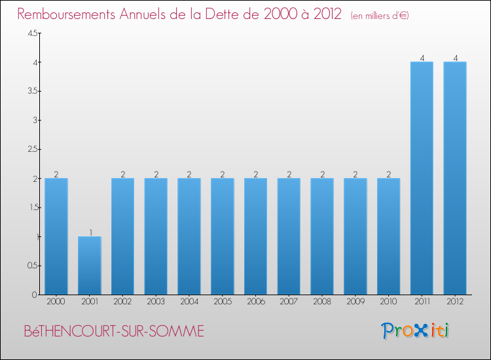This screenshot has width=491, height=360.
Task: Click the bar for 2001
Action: coord(89,265)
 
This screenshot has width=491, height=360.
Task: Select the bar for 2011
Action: coord(422,178)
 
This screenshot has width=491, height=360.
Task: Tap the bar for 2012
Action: coord(455,178)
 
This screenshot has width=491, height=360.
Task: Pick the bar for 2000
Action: coord(56,236)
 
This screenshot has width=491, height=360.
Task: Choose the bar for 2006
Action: coord(255,236)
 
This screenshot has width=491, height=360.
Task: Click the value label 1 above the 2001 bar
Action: coord(90,232)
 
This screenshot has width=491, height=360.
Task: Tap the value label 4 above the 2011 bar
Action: coord(422,58)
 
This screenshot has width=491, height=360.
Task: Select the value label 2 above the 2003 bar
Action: coord(156,174)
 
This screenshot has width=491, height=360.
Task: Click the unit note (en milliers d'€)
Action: coord(380,15)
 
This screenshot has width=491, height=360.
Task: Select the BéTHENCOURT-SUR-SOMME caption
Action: coord(113,331)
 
